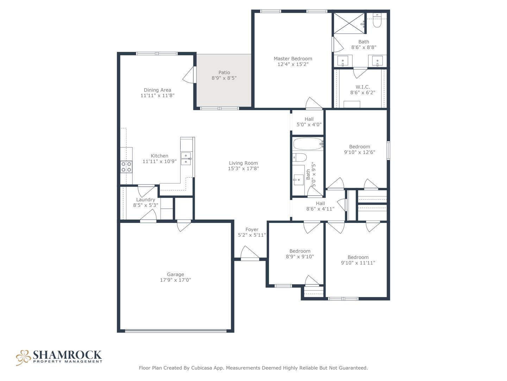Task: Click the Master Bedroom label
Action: [x=293, y=59]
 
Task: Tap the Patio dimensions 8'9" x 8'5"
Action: [x=224, y=78]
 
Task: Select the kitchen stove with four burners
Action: [x=126, y=167]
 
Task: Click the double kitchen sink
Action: [x=186, y=158]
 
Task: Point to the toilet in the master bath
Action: [x=377, y=20]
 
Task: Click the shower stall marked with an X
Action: [x=349, y=23]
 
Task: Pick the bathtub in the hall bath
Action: [x=308, y=144]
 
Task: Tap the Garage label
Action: [x=175, y=274]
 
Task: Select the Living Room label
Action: [x=243, y=163]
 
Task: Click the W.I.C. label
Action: [x=363, y=87]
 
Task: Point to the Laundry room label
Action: [x=145, y=200]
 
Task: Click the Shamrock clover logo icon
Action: [x=23, y=358]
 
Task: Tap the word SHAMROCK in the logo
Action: [x=67, y=355]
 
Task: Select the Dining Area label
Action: [x=157, y=90]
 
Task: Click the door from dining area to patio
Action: [x=189, y=74]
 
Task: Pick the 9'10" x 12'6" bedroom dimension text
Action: [x=359, y=152]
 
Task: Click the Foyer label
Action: [x=252, y=229]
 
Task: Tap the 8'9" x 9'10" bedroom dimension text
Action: [x=300, y=256]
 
